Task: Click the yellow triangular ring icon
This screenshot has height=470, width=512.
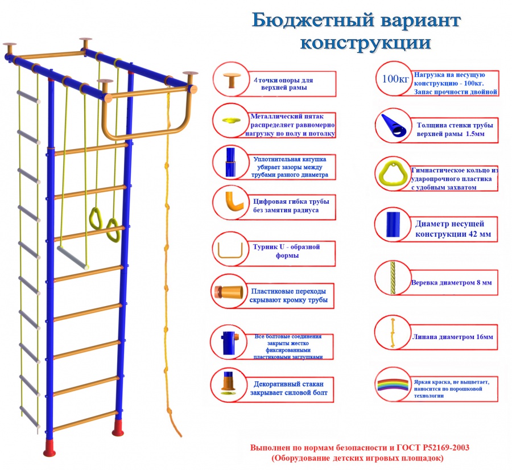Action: point(392,172)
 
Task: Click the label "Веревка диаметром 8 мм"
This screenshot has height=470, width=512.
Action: point(452,282)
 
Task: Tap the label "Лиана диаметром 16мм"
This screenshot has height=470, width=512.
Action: point(452,337)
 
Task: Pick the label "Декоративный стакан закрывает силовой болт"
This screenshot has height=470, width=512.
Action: point(290,388)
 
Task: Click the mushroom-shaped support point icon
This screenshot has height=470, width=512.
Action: point(232,80)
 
